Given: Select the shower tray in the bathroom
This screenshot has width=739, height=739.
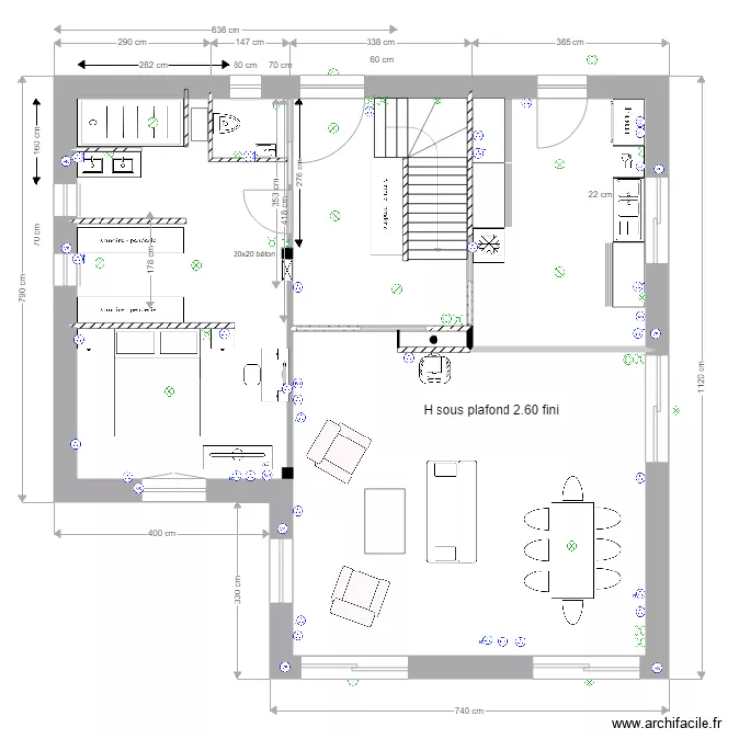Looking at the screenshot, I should coord(131,122).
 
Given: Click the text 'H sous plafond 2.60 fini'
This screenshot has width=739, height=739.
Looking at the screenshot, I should coord(491,409).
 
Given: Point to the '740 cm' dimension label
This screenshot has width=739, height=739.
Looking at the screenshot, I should coord(470,710).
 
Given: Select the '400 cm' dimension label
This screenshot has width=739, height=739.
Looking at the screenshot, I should coord(162,533).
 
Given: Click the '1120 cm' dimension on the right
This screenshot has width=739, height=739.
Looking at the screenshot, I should coord(702,383).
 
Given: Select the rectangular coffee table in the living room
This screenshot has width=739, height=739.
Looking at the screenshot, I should coord(384,520).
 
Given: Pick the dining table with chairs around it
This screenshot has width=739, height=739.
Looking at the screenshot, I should coord(571,549).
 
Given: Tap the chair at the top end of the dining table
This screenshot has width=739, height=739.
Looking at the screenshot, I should coord(572,488).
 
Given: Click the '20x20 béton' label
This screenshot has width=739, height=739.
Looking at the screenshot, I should coord(253,253).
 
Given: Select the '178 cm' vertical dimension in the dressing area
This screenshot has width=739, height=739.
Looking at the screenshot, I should coord(150,258).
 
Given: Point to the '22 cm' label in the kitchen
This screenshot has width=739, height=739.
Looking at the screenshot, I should coord(599,194).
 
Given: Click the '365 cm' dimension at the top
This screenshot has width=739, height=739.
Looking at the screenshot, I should coord(571,42).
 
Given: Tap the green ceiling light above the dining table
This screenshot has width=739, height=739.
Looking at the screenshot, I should coord(571,545).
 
